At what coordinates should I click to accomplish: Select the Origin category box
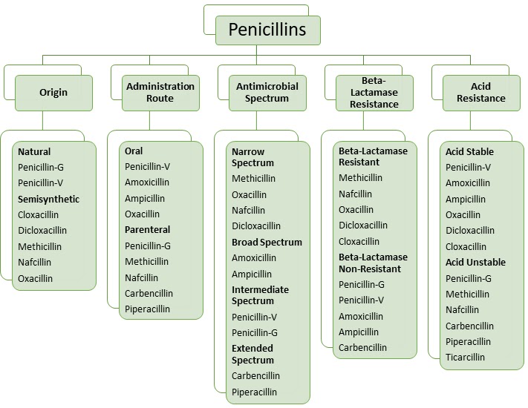[53, 93]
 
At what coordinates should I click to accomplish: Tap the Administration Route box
[160, 93]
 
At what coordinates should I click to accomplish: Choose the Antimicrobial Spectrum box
[267, 93]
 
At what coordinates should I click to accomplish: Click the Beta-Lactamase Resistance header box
[374, 93]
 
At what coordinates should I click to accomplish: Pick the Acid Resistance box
[480, 93]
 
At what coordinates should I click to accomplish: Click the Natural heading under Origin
[34, 152]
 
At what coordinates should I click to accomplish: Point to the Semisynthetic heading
[48, 200]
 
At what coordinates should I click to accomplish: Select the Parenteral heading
[147, 230]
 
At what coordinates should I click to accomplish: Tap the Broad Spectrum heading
[267, 243]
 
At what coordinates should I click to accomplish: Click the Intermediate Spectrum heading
[260, 295]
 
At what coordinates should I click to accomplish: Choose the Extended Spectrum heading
[252, 354]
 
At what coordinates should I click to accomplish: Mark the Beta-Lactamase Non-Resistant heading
[373, 263]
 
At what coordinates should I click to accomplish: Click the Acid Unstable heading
[475, 263]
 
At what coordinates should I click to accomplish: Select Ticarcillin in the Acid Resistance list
[465, 358]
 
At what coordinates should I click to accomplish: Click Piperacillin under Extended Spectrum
[254, 392]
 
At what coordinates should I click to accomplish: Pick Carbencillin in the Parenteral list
[149, 294]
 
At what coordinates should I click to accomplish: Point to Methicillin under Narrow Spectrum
[253, 179]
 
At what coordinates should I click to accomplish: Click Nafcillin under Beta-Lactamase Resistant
[356, 194]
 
